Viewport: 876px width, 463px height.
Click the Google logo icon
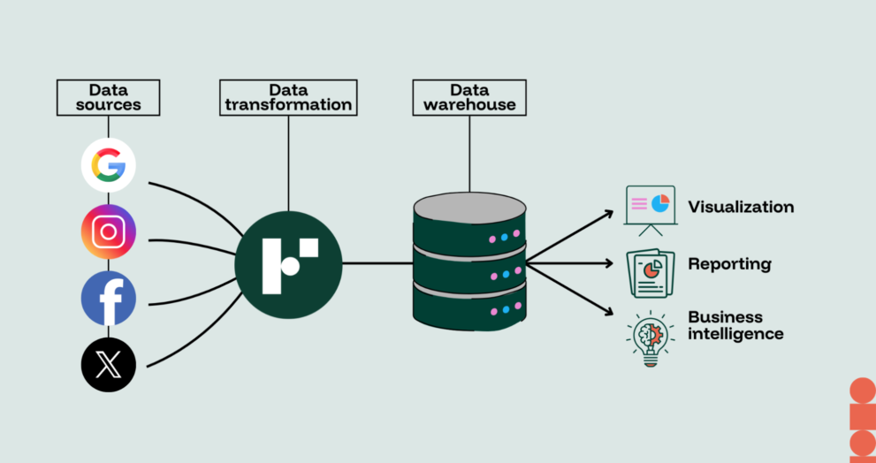[x=109, y=165]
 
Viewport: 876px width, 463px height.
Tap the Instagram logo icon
[x=109, y=231]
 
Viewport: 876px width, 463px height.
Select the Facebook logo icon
[x=109, y=298]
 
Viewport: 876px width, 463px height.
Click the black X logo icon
[x=109, y=364]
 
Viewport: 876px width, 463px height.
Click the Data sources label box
[x=109, y=97]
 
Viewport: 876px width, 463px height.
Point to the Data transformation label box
[x=288, y=97]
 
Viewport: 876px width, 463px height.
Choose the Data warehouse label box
[x=469, y=97]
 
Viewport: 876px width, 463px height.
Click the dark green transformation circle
[x=288, y=263]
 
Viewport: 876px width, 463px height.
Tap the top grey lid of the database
[x=469, y=207]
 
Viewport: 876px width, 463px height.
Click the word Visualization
[x=741, y=208]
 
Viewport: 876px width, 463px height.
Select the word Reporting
[x=729, y=264]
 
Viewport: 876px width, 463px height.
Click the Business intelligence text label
[x=735, y=325]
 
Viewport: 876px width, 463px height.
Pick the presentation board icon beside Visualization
[x=650, y=209]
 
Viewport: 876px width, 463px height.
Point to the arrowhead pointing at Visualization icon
[x=608, y=213]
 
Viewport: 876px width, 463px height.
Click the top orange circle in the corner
[x=863, y=390]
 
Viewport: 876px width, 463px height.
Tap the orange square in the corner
[x=863, y=417]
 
